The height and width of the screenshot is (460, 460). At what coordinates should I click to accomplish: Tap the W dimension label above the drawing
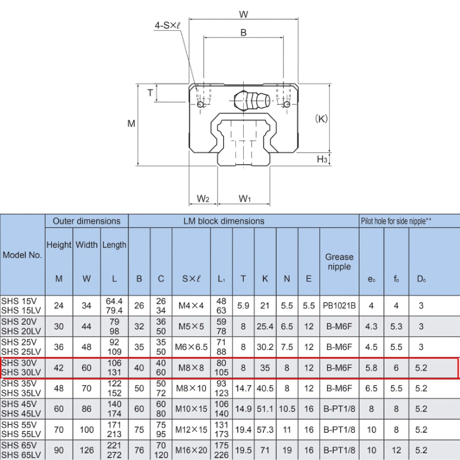(243, 14)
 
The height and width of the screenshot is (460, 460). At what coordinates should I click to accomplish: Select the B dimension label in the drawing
(243, 32)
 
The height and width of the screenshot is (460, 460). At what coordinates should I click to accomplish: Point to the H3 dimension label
(322, 159)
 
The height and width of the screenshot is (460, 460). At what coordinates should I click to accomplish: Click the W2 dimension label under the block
(203, 199)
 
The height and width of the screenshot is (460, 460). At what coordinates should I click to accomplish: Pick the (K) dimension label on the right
(321, 119)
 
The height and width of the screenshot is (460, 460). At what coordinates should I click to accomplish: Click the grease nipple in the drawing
(251, 100)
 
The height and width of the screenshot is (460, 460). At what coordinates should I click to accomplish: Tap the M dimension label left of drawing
(132, 123)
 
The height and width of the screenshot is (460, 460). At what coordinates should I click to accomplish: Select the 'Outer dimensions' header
(86, 221)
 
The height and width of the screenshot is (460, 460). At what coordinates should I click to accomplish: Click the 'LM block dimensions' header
(224, 221)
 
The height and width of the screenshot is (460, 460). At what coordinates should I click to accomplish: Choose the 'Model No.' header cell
(23, 255)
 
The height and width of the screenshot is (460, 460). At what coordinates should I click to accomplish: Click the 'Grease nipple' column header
(339, 262)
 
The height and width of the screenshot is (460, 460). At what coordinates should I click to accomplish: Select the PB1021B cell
(339, 305)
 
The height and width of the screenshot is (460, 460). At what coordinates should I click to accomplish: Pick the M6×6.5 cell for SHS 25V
(191, 347)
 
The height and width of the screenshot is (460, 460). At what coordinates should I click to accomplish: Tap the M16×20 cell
(191, 450)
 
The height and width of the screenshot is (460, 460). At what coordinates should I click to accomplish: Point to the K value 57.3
(265, 430)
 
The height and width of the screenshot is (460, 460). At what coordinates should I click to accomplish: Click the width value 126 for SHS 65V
(86, 450)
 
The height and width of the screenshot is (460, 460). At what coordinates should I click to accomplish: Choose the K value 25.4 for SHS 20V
(265, 326)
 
